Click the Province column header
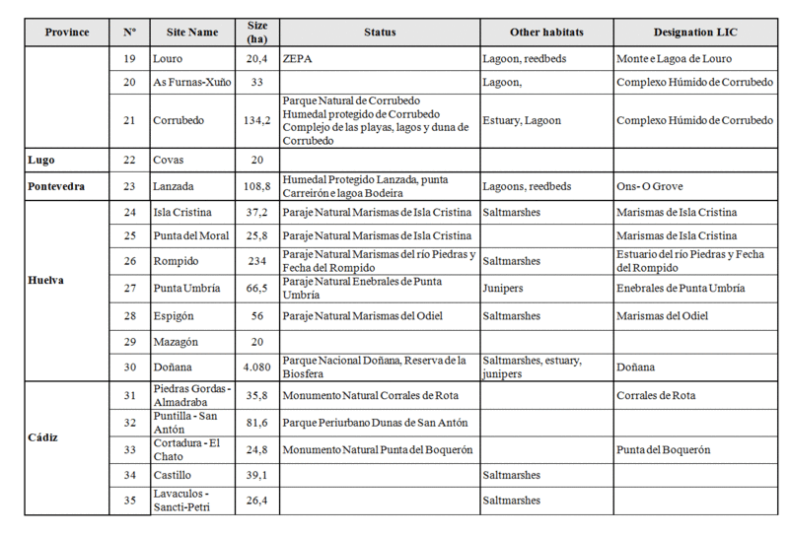(66, 33)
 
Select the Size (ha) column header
(256, 33)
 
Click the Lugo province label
(41, 160)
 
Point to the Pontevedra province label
(56, 186)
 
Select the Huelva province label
(46, 280)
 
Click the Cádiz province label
(44, 436)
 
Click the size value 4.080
(256, 367)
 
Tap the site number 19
(129, 59)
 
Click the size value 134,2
(256, 120)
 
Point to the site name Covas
(169, 160)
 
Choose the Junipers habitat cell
(503, 289)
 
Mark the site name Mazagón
(176, 342)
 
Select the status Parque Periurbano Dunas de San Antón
(375, 423)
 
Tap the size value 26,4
(256, 500)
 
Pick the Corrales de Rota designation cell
(656, 396)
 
